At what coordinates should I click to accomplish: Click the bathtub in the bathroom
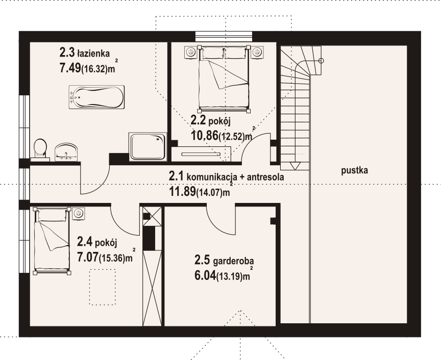(96, 97)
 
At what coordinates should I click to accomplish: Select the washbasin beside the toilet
(66, 152)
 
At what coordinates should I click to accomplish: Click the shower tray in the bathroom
(148, 147)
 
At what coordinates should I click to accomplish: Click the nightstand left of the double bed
(191, 53)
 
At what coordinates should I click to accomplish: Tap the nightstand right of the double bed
(257, 53)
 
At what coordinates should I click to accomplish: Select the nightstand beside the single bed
(78, 214)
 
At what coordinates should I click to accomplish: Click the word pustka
(354, 171)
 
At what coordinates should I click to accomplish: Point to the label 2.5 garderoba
(224, 261)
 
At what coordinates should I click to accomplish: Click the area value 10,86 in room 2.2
(205, 136)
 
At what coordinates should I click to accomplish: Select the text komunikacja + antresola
(235, 177)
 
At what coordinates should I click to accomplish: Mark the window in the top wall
(224, 37)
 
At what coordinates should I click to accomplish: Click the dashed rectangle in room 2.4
(103, 287)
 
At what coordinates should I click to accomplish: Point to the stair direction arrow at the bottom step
(295, 166)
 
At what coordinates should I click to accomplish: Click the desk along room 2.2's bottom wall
(201, 153)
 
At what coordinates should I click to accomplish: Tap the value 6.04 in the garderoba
(205, 275)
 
